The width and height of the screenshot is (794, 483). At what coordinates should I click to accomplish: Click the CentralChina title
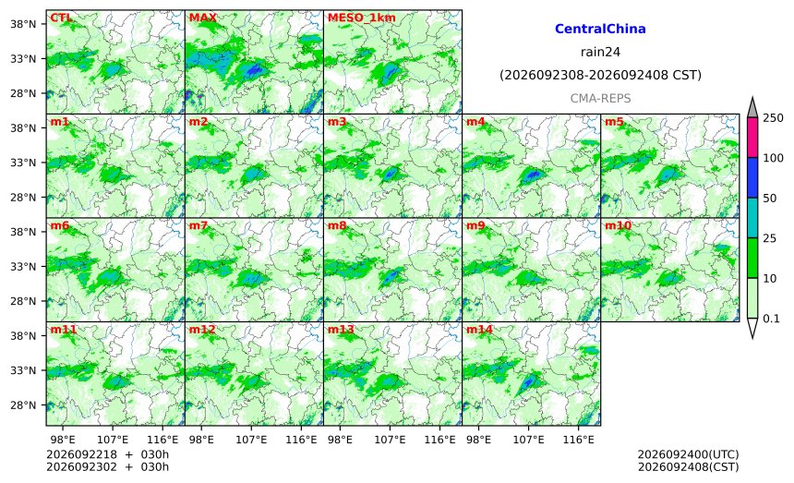click(600, 29)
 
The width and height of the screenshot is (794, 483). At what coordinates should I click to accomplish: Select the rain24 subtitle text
click(600, 52)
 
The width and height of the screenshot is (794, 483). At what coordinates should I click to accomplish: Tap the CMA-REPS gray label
click(600, 98)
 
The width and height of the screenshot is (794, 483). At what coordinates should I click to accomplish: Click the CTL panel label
click(61, 18)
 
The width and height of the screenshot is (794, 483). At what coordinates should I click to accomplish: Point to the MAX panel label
click(202, 18)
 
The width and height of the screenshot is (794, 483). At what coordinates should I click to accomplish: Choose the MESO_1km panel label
click(362, 18)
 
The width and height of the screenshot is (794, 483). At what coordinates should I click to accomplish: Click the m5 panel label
click(614, 122)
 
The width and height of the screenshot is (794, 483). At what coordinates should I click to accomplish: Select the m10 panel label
click(618, 226)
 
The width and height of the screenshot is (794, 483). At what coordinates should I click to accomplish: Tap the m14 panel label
click(479, 330)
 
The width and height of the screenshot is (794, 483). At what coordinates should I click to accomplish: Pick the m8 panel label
click(337, 226)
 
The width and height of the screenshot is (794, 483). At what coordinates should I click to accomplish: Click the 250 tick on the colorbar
click(773, 118)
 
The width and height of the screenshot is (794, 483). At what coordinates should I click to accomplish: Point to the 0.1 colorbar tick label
click(771, 319)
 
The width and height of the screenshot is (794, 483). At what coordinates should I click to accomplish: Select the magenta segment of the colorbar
click(752, 138)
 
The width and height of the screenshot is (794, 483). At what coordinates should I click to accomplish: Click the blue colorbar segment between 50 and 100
click(752, 177)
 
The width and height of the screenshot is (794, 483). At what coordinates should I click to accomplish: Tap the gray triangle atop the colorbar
click(752, 108)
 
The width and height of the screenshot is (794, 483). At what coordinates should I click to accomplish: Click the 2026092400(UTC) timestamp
click(688, 454)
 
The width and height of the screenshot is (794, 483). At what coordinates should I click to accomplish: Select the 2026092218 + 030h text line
click(107, 454)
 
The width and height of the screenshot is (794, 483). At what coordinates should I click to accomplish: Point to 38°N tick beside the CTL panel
click(23, 24)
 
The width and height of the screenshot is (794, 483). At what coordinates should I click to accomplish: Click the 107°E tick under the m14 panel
click(529, 440)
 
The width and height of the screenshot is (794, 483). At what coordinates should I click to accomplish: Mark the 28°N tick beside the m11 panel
click(23, 405)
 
